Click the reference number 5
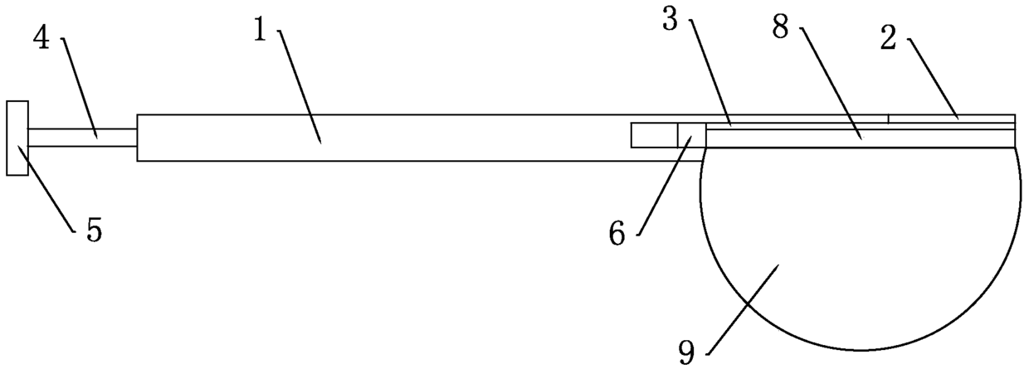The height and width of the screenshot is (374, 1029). tap(94, 231)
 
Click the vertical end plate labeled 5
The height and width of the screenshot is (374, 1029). tap(17, 138)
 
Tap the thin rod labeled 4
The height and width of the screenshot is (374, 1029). tap(83, 138)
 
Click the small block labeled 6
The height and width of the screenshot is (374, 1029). tap(691, 135)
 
